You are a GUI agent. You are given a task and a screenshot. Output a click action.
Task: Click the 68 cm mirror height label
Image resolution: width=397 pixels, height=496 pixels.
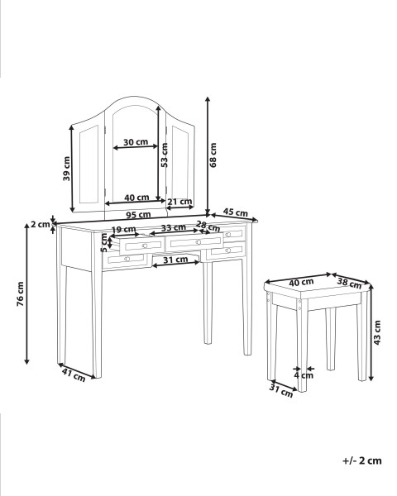213,155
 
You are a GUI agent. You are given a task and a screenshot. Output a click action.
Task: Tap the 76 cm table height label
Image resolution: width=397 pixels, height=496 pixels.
20,293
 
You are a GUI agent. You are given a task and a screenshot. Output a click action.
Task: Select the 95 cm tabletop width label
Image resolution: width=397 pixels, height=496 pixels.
138,215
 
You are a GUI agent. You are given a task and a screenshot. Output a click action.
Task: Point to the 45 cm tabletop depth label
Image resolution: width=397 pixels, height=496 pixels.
235,212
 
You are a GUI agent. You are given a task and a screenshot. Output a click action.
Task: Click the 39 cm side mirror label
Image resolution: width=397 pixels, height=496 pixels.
66,169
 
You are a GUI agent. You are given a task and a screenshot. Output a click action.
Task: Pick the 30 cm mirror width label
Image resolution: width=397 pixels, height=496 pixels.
136,142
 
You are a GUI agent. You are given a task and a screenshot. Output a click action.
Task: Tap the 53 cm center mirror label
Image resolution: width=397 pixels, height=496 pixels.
164,155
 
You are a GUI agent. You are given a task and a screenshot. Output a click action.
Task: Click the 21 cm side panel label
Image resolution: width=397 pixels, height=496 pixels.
179,202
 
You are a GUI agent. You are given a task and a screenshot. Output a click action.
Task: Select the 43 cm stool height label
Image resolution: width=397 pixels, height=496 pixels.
377,332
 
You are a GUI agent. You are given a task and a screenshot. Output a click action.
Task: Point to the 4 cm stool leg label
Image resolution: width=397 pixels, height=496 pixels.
304,375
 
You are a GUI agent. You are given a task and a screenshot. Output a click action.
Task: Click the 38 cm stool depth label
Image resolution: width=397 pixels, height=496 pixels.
349,283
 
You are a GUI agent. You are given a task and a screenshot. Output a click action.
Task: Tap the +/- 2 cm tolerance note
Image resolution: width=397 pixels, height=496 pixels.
362,460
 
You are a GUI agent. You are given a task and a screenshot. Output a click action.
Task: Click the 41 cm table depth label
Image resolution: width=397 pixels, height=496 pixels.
74,375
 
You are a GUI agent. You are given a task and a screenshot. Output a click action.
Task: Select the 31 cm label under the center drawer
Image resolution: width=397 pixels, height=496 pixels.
175,260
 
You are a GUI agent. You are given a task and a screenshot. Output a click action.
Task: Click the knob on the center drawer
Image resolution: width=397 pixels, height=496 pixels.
198,242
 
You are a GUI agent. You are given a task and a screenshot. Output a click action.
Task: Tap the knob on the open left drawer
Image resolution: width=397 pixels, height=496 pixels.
145,246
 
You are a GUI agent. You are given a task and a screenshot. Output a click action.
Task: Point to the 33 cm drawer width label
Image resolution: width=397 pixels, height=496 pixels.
173,227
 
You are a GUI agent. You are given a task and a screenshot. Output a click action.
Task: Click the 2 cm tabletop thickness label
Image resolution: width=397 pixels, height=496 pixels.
41,224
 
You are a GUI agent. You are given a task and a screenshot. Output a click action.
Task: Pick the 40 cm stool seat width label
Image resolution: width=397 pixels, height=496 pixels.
301,282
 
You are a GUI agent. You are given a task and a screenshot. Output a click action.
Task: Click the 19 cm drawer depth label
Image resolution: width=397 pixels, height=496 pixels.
123,229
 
